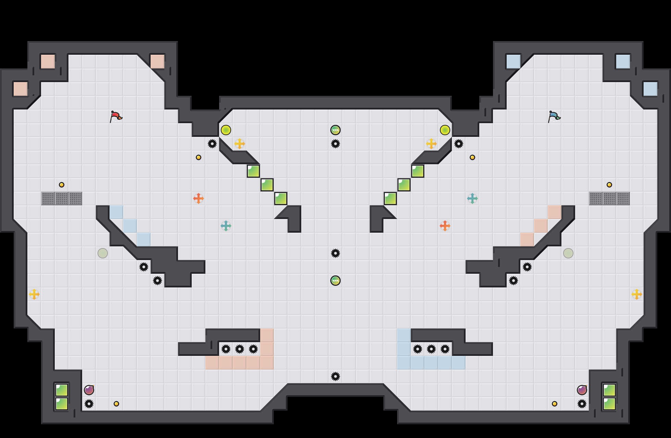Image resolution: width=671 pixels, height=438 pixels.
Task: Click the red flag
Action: tap(116, 116)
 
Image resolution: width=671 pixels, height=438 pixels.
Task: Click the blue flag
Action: tap(554, 116)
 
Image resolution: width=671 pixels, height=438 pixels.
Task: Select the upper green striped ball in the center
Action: tap(335, 130)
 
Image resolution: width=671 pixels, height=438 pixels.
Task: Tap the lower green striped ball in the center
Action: tap(335, 281)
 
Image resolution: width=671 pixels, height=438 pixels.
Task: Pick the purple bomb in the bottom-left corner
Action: tap(89, 390)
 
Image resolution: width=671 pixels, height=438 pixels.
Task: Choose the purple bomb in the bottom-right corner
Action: tap(582, 390)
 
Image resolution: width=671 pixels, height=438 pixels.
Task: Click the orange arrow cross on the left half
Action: tap(199, 198)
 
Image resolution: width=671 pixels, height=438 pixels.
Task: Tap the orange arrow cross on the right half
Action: tap(445, 226)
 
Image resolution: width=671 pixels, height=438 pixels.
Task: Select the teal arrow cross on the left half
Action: tap(226, 226)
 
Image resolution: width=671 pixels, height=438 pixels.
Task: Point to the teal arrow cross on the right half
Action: tap(472, 198)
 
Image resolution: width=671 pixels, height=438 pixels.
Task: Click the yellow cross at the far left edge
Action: tap(34, 294)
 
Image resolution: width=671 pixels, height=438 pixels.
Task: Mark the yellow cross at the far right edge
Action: tap(637, 294)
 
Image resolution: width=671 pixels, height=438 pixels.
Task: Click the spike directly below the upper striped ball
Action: tap(335, 144)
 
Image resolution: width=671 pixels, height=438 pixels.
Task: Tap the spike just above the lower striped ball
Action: tap(335, 253)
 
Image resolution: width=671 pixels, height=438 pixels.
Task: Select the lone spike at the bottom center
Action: tap(335, 376)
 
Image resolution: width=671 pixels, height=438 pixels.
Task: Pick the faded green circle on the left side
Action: tap(103, 253)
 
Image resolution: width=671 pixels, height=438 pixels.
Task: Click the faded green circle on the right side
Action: tap(568, 253)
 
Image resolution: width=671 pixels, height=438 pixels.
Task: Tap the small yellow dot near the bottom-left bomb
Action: tap(116, 404)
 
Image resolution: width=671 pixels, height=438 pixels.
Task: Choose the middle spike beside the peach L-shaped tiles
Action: tap(240, 349)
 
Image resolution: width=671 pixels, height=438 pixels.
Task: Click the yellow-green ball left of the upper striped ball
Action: tap(226, 130)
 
